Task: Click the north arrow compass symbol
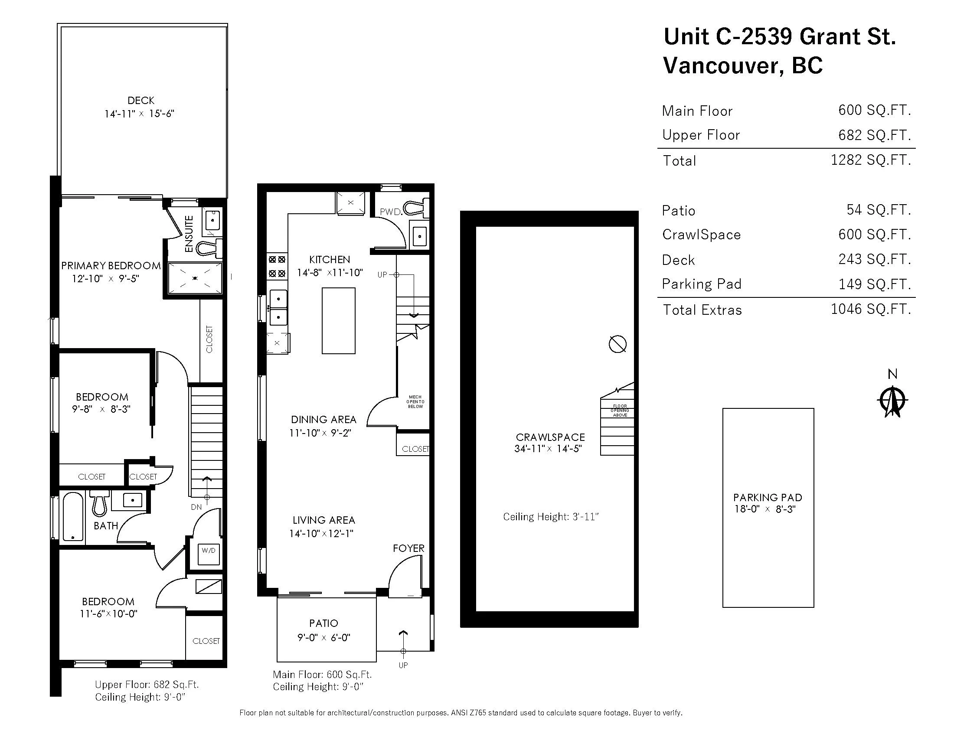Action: pos(892,401)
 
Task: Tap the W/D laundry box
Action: pos(208,550)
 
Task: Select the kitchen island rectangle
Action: pos(339,320)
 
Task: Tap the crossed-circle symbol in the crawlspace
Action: pos(617,344)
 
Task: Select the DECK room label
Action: pos(140,101)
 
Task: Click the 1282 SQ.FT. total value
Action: pos(871,160)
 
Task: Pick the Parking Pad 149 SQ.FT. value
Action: pos(875,284)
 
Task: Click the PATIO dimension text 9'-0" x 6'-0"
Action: pos(323,637)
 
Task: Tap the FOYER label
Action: pos(408,548)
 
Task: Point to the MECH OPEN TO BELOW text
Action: pos(415,402)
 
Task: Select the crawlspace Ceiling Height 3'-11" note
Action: pos(551,517)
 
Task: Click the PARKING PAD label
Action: pos(768,497)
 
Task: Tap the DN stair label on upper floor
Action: pos(196,507)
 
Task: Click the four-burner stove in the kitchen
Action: pos(277,266)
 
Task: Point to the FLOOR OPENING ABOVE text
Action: pos(620,411)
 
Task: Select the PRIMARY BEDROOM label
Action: pos(111,265)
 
